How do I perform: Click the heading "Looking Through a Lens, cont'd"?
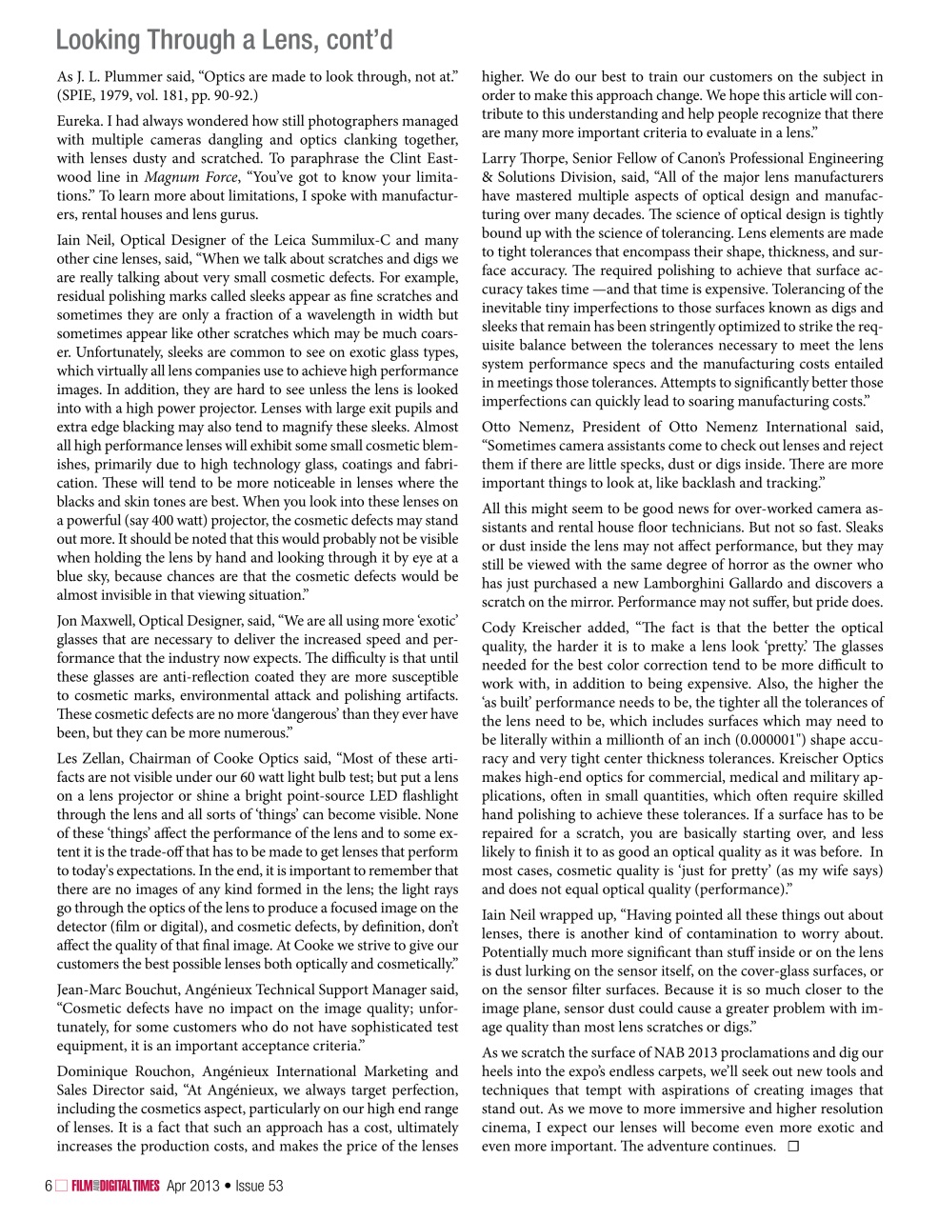[224, 40]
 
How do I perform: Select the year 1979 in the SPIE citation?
[117, 95]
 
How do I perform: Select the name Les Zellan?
[90, 759]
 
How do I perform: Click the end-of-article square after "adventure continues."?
[793, 1147]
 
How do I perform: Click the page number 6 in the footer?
[49, 1186]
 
